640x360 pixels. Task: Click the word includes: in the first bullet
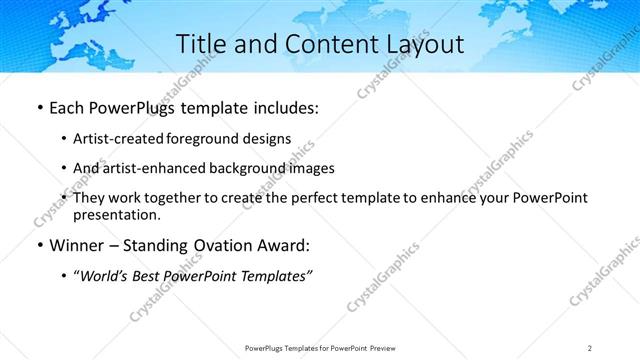point(280,108)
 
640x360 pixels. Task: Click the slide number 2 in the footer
point(590,347)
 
